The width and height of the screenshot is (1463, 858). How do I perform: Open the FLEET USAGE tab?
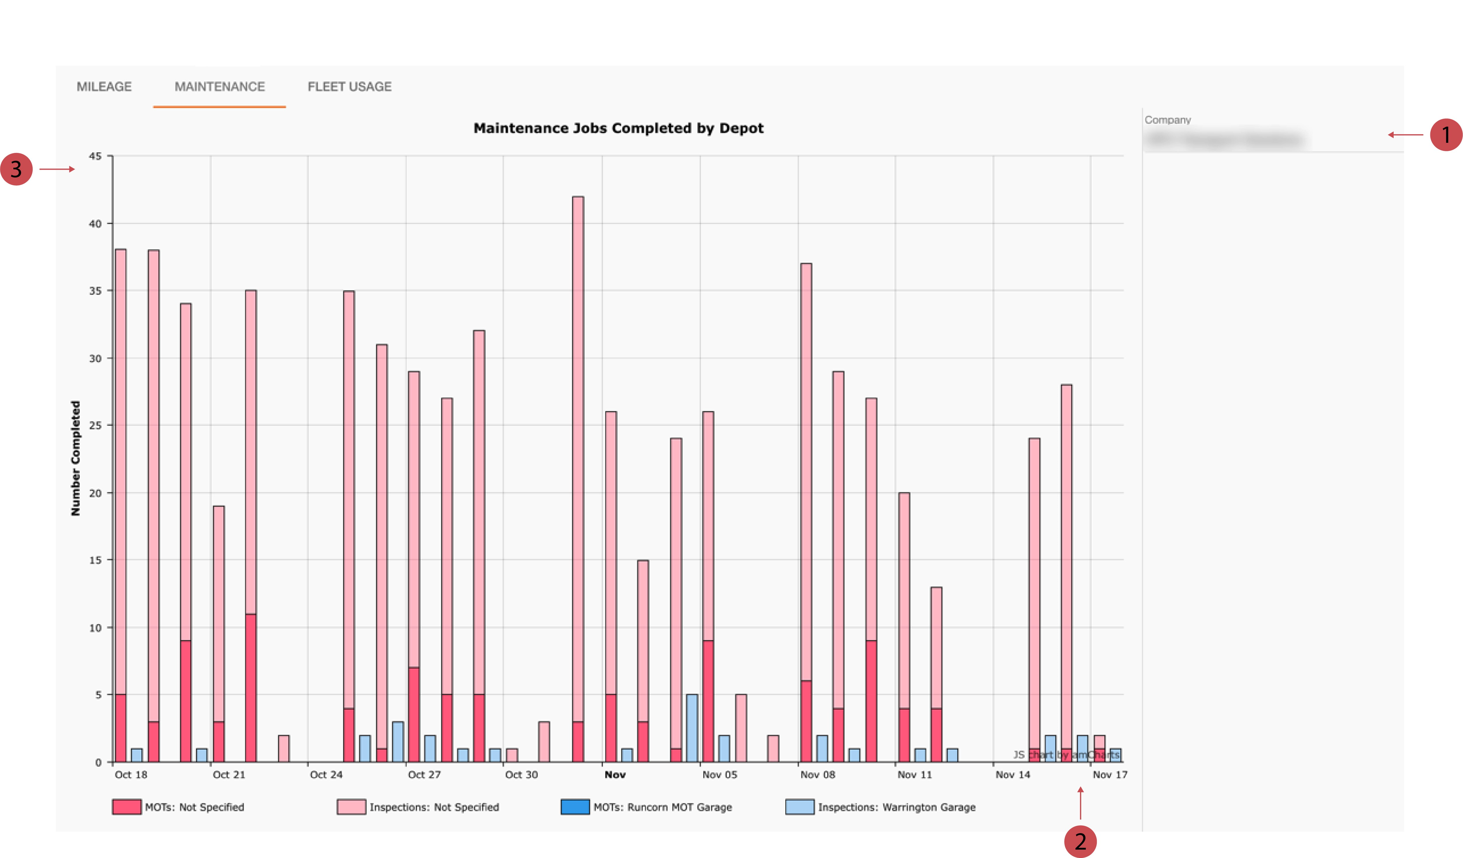349,86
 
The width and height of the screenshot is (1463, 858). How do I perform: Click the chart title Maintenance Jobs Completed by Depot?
618,128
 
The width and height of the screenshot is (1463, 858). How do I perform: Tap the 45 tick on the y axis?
95,156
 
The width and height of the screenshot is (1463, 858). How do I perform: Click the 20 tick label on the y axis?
95,493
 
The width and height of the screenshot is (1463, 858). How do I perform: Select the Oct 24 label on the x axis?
326,774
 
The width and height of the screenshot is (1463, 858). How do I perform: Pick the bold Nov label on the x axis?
615,774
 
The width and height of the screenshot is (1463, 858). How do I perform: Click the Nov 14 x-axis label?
1012,774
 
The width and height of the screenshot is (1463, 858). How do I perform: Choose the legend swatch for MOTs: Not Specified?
127,807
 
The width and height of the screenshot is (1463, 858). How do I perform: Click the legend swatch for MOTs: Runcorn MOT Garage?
575,807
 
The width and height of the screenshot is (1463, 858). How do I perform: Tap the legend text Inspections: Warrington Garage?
896,807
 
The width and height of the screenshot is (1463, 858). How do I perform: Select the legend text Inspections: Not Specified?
434,807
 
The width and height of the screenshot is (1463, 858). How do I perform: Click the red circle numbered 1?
1446,135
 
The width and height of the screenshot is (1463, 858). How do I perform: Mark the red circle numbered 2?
1080,841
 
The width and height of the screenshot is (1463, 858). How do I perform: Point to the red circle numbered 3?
16,169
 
